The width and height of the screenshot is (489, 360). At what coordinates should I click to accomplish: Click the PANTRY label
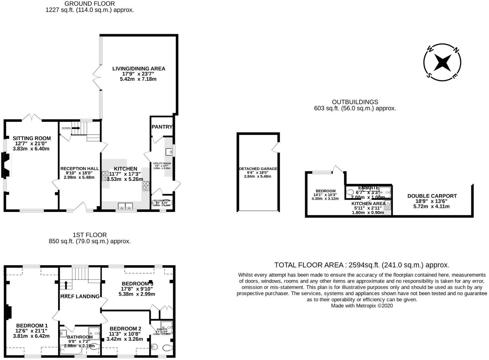click(x=162, y=127)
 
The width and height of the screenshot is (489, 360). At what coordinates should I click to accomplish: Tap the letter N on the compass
click(x=456, y=50)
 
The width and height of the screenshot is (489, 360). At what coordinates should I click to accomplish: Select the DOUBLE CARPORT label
click(x=432, y=196)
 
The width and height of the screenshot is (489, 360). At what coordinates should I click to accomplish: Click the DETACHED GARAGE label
click(x=258, y=169)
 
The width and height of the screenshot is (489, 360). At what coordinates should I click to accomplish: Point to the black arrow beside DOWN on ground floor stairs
click(x=76, y=128)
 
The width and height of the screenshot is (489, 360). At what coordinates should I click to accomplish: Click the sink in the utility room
click(x=169, y=152)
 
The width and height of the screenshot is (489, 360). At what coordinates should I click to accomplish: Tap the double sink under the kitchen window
click(x=126, y=206)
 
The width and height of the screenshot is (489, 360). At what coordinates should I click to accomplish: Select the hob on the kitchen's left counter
click(x=105, y=176)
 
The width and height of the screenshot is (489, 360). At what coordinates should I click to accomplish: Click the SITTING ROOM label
click(x=32, y=138)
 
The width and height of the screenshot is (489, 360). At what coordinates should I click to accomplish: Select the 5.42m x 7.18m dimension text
click(x=138, y=79)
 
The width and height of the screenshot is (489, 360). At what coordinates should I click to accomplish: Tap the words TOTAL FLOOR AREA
click(x=309, y=265)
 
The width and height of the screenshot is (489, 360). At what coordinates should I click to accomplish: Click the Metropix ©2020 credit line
click(x=362, y=306)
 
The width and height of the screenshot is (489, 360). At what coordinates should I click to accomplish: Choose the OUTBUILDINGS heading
click(x=355, y=102)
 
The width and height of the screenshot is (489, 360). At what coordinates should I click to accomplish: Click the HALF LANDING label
click(x=80, y=296)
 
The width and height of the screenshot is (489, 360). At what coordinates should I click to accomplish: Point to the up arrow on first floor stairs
click(x=66, y=285)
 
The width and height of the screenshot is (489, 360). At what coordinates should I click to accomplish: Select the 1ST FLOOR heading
click(x=90, y=235)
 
